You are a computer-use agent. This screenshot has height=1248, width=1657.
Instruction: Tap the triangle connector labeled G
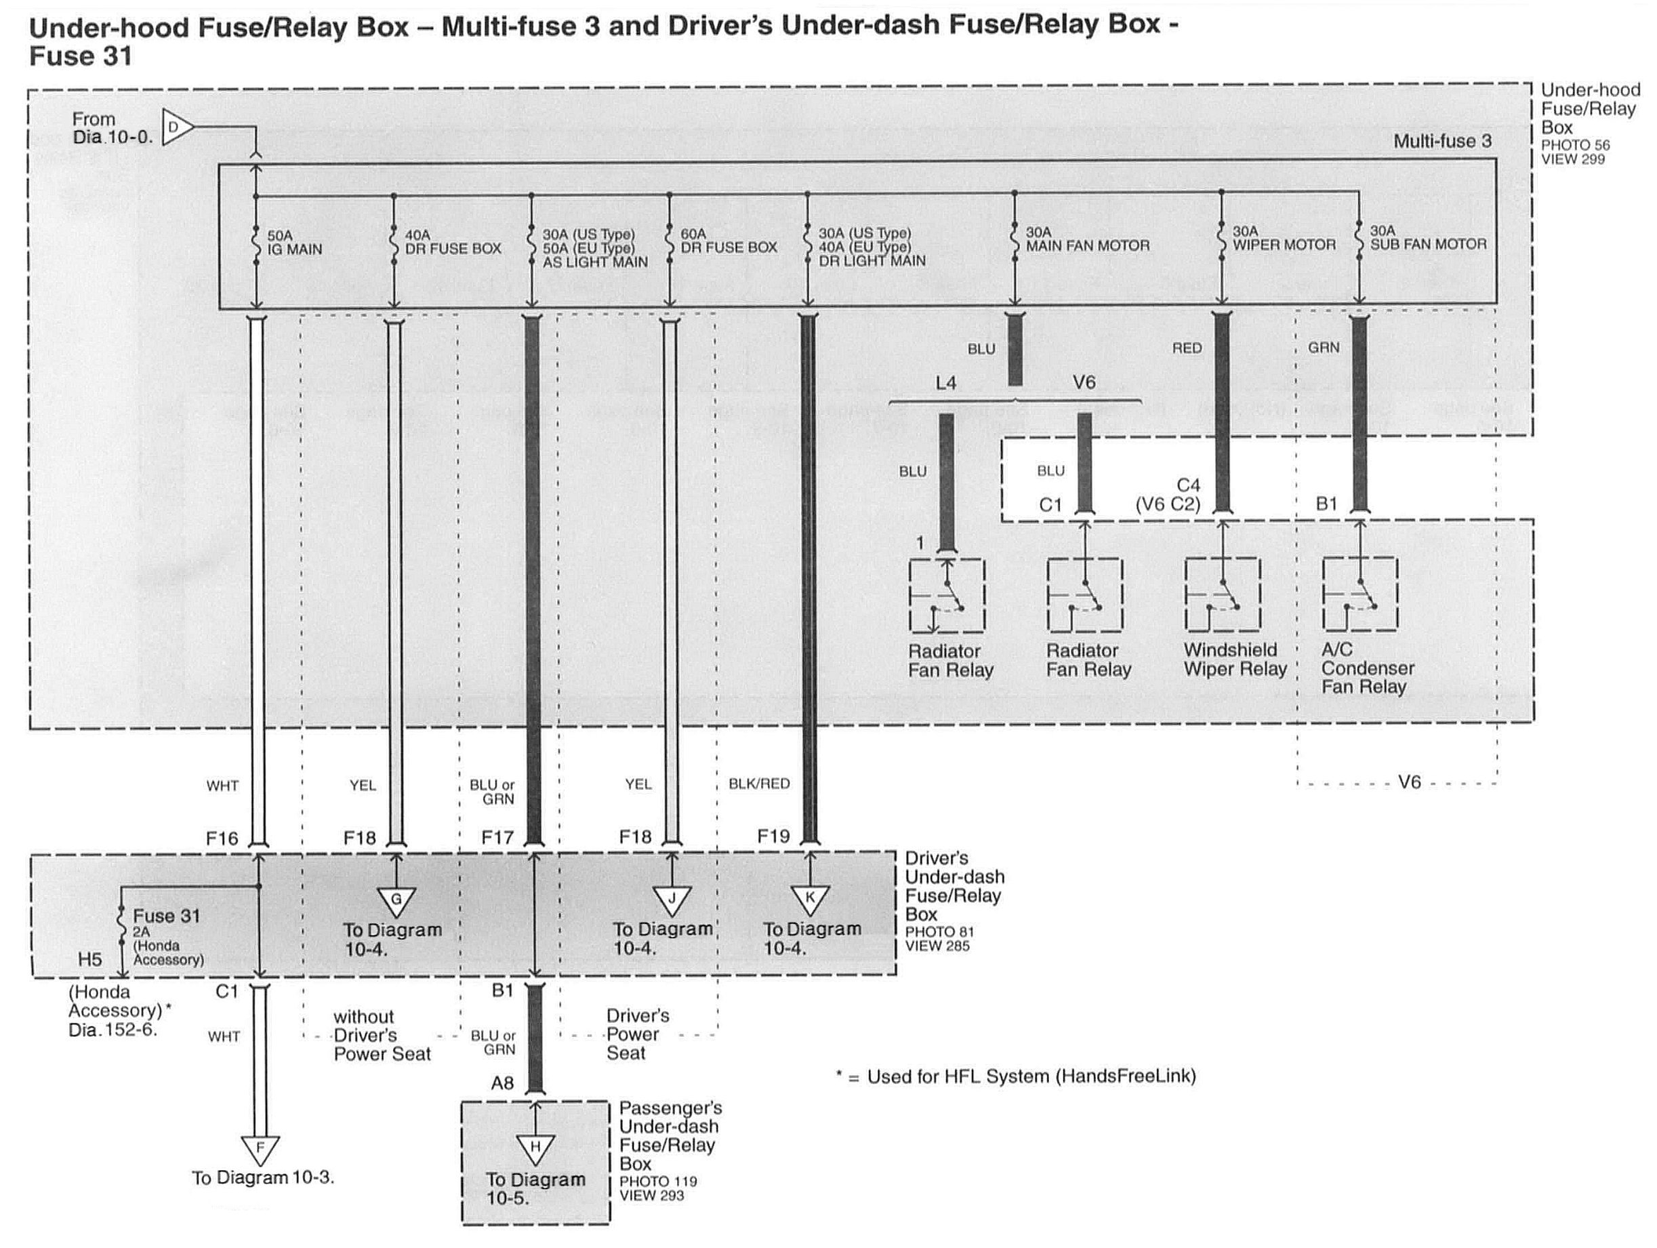396,900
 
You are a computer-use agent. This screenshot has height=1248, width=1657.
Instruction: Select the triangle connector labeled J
671,900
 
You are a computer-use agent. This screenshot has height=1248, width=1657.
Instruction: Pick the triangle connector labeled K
810,899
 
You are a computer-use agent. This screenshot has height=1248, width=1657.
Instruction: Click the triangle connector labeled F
260,1149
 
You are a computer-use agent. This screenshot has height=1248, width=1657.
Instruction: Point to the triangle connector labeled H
535,1148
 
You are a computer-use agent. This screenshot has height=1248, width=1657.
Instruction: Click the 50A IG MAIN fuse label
294,243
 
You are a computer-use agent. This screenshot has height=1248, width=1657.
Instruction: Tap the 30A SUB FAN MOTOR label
1428,237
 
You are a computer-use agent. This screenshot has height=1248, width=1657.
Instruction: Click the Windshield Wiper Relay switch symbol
1222,596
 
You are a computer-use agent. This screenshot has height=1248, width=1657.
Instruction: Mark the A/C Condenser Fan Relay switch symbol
1359,596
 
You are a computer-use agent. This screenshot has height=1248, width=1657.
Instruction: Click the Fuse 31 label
166,916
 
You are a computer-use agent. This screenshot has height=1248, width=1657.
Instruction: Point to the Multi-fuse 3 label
1442,141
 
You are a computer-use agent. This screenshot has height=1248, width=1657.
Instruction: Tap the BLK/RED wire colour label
759,784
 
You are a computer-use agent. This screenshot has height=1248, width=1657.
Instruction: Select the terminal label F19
773,836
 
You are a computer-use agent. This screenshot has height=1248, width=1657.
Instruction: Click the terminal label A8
503,1083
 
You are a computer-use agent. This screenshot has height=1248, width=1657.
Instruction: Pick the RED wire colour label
1187,348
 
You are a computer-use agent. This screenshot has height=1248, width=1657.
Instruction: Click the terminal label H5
90,960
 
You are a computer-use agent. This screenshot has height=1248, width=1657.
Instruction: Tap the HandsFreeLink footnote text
1016,1076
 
